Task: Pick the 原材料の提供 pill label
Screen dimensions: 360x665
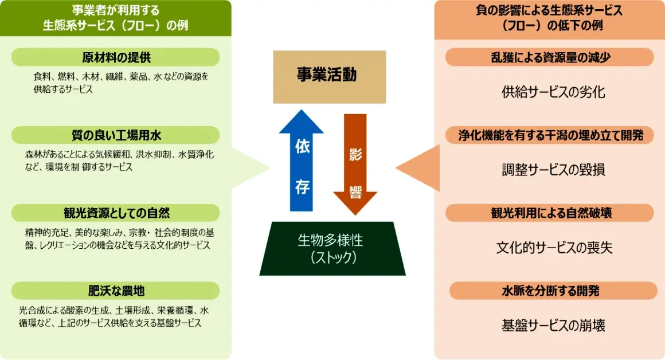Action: click(x=116, y=57)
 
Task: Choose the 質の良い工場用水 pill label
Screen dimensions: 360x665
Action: click(x=116, y=135)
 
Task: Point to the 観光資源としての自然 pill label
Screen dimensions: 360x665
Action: click(x=116, y=213)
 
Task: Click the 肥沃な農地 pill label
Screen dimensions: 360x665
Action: click(x=116, y=291)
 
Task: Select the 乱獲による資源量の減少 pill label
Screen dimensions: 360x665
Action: click(x=549, y=57)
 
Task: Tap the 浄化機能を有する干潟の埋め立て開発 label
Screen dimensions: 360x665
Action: click(x=549, y=135)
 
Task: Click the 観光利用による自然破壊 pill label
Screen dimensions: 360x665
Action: click(x=549, y=213)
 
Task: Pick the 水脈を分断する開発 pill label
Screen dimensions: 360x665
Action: click(x=549, y=291)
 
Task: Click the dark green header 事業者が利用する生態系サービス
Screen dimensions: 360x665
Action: click(x=116, y=18)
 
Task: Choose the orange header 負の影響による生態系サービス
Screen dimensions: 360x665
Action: click(x=549, y=18)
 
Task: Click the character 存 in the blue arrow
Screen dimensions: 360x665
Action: click(x=302, y=187)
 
